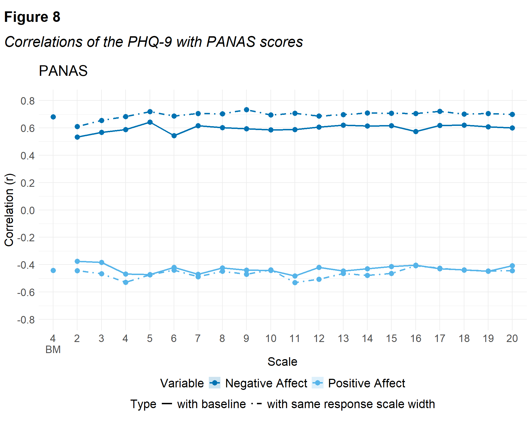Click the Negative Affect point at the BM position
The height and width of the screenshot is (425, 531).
point(53,117)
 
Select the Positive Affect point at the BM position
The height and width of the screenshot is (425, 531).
point(53,270)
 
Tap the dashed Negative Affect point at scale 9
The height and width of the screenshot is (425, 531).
point(246,110)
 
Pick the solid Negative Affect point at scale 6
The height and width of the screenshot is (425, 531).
point(174,136)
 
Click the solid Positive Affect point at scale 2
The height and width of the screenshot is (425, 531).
point(77,261)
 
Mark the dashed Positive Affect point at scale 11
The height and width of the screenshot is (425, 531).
point(295,283)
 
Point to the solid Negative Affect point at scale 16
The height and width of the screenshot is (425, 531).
point(416,132)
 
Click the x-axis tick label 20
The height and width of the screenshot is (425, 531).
point(512,338)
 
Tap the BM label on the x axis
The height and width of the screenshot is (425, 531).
point(53,350)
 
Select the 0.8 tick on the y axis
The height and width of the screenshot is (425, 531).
point(28,101)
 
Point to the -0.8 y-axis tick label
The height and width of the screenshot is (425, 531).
point(26,320)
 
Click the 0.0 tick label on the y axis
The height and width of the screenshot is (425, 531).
point(28,211)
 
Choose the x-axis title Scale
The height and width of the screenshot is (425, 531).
point(282,362)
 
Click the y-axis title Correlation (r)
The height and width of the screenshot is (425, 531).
point(9,210)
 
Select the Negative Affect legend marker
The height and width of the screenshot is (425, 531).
point(215,383)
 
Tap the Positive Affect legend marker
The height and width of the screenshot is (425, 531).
point(317,383)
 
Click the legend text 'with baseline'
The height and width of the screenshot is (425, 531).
point(211,404)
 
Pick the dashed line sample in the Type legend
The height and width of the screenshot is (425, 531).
point(257,404)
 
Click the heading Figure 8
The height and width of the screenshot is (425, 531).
point(32,17)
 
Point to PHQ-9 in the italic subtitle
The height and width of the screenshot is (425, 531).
point(150,42)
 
